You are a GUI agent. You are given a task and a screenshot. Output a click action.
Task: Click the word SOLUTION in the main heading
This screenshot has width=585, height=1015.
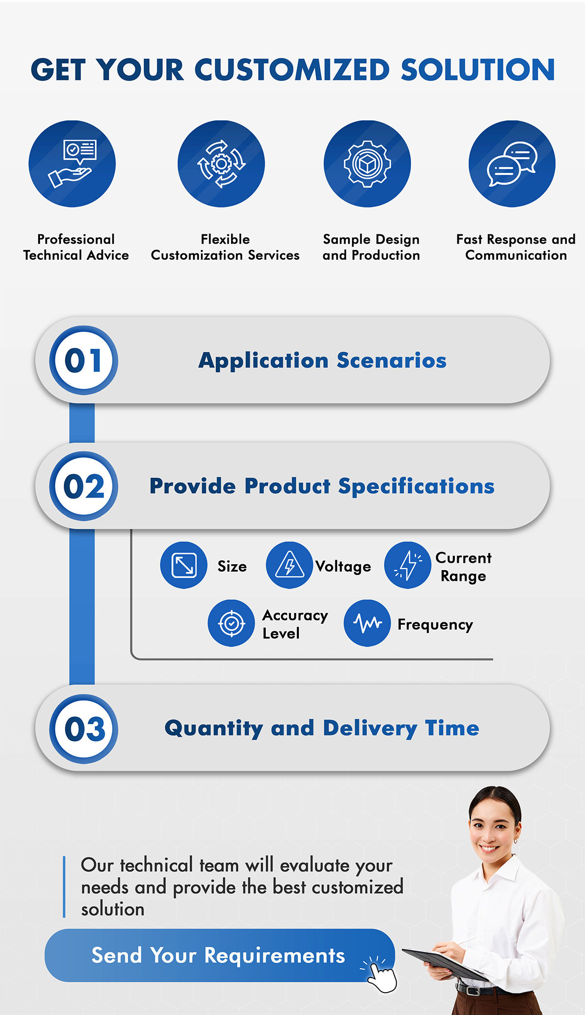pyautogui.click(x=478, y=70)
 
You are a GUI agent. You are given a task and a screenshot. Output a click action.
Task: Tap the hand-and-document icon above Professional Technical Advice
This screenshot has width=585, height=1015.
pyautogui.click(x=72, y=164)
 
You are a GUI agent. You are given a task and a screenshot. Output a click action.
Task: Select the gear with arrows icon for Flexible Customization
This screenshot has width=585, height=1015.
pyautogui.click(x=221, y=164)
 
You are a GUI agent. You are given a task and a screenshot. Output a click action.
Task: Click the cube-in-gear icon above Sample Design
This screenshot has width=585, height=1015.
pyautogui.click(x=367, y=164)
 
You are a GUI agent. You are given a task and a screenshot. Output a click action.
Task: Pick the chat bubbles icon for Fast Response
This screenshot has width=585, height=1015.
pyautogui.click(x=512, y=164)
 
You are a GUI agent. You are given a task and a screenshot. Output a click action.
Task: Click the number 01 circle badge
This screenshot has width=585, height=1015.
pyautogui.click(x=83, y=361)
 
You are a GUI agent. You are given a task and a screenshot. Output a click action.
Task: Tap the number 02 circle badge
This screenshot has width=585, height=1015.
pyautogui.click(x=83, y=486)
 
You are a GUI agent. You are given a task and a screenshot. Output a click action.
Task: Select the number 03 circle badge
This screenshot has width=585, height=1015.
pyautogui.click(x=83, y=729)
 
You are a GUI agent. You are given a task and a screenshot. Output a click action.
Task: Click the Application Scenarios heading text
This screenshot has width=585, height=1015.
pyautogui.click(x=322, y=361)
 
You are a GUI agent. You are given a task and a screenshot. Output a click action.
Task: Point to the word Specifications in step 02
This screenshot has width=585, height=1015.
pyautogui.click(x=416, y=486)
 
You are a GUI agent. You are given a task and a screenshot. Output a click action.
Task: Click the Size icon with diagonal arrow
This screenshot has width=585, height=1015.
pyautogui.click(x=184, y=565)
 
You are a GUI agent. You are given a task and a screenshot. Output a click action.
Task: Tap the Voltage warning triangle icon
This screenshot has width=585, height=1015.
pyautogui.click(x=289, y=565)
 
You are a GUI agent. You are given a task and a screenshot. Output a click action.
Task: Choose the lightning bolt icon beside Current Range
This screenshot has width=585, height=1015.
pyautogui.click(x=408, y=565)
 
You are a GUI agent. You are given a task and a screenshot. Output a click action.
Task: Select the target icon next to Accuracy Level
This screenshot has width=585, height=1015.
pyautogui.click(x=231, y=623)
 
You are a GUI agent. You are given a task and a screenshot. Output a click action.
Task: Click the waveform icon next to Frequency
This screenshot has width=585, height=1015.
pyautogui.click(x=367, y=623)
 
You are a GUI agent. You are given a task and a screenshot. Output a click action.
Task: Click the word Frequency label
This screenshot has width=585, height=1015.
pyautogui.click(x=435, y=625)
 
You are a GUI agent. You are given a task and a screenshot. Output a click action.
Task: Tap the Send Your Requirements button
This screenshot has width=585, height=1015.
pyautogui.click(x=218, y=955)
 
